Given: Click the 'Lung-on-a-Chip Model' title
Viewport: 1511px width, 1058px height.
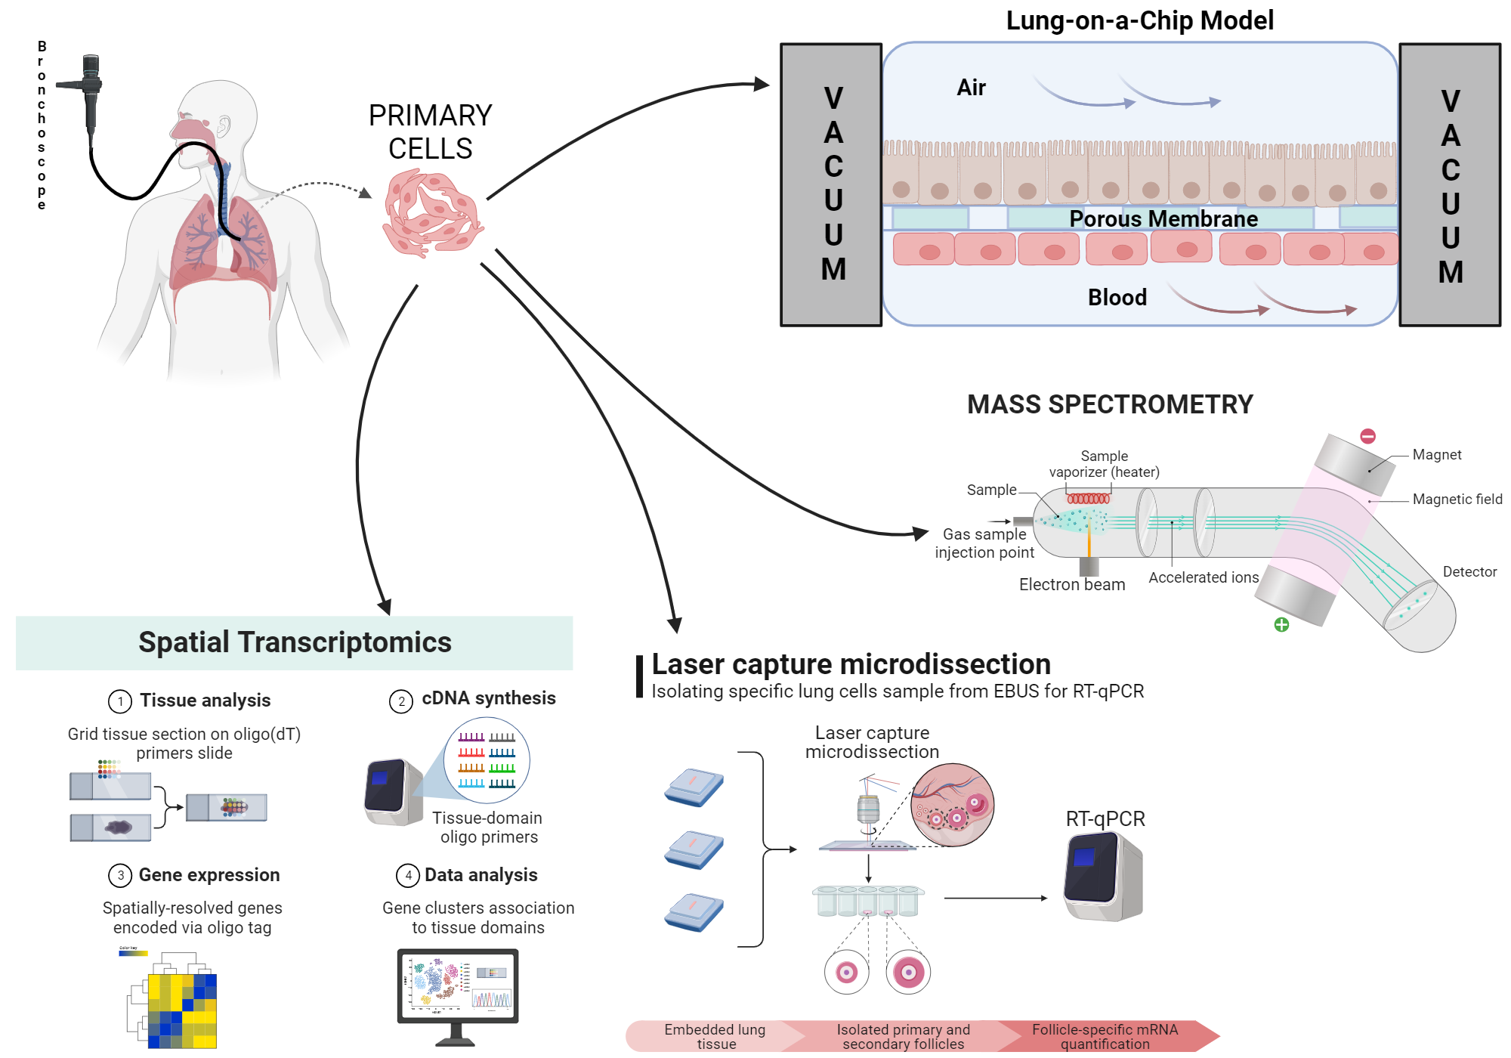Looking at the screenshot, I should [1139, 20].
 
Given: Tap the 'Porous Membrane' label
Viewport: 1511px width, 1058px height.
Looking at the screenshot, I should [1163, 219].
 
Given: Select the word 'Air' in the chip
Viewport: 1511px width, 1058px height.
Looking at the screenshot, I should [971, 88].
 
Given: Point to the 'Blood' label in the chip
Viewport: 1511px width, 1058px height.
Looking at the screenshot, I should [1117, 297].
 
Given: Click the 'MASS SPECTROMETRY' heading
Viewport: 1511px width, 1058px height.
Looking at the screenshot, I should [1109, 404].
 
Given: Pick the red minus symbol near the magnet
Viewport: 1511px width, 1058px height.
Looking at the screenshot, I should [1367, 436].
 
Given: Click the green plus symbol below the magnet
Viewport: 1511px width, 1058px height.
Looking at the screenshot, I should [1281, 624].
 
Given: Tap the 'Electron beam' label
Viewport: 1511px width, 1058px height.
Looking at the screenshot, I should [1071, 584].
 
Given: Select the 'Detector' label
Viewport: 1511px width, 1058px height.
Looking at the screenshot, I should [1469, 572].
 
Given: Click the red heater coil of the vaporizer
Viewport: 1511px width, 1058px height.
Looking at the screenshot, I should [1088, 499].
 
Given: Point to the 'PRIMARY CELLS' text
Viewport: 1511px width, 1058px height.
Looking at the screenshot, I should [430, 132].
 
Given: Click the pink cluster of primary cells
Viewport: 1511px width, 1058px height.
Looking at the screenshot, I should [432, 214].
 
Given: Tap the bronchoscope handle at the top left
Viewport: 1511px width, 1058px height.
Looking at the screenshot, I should [91, 91].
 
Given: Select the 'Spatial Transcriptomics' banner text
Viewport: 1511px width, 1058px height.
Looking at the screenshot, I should [295, 642].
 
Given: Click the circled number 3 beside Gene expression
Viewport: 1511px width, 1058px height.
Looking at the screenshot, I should [120, 875].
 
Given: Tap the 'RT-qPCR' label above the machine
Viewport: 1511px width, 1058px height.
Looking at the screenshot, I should [1105, 819].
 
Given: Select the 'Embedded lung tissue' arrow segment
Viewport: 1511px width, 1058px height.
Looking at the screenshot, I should [714, 1036].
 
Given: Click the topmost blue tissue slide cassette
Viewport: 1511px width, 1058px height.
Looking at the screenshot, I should [694, 787].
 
